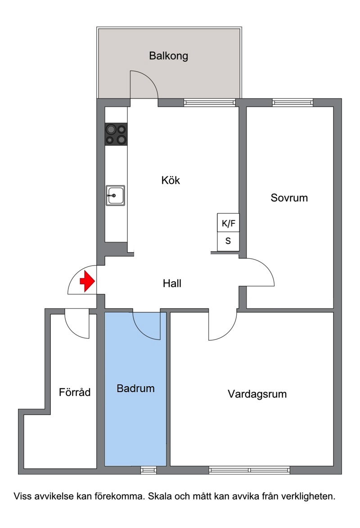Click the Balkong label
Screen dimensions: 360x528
(x=168, y=56)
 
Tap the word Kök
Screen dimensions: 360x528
(x=171, y=180)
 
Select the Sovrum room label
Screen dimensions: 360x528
(x=289, y=198)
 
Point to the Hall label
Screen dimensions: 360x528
(x=172, y=284)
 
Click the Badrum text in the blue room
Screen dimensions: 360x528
(x=136, y=388)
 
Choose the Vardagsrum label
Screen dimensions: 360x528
(x=257, y=394)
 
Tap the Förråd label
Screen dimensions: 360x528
(x=75, y=393)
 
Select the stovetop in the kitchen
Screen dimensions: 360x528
(x=116, y=134)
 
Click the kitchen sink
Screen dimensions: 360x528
(x=116, y=195)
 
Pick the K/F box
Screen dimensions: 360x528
(x=228, y=222)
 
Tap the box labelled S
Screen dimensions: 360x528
(x=228, y=241)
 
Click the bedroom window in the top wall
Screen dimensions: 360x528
(x=292, y=102)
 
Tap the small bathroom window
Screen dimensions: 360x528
(x=148, y=470)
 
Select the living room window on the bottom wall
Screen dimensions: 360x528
(x=249, y=470)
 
